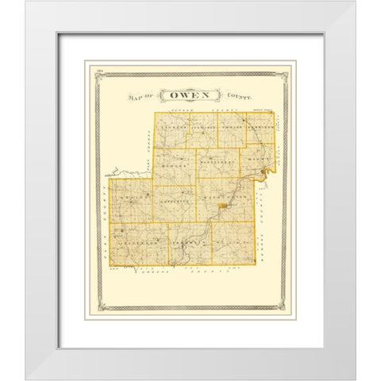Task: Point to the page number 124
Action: pos(102,74)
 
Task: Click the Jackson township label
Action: pos(176,127)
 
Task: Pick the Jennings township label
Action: pos(203,127)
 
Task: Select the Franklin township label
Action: pos(188,237)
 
